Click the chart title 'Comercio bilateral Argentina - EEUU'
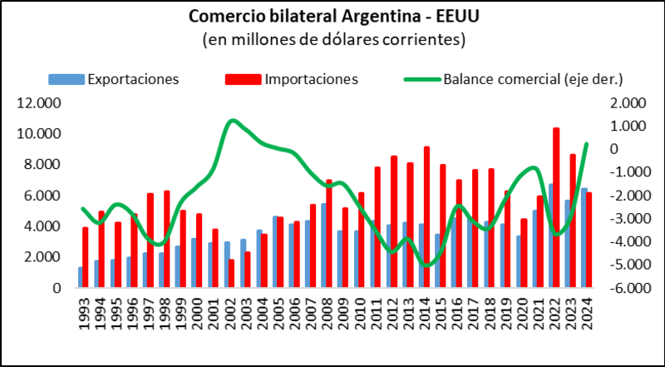pos(332,17)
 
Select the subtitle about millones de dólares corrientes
pos(332,39)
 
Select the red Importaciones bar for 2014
pos(426,217)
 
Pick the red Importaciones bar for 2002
pos(231,274)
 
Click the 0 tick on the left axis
pos(56,288)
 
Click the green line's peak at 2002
pos(232,122)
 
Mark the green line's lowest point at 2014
pos(427,265)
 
